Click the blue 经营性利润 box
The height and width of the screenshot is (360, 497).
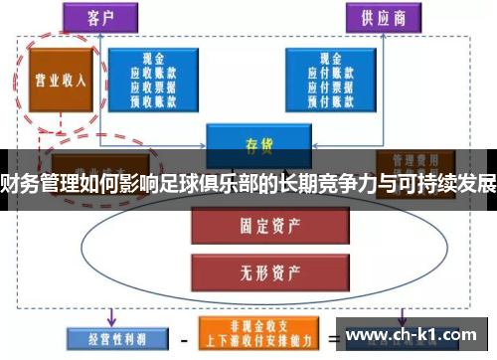point(106,339)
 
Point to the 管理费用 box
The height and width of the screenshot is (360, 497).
point(408,159)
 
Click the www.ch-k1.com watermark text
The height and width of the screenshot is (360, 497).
point(411,336)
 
